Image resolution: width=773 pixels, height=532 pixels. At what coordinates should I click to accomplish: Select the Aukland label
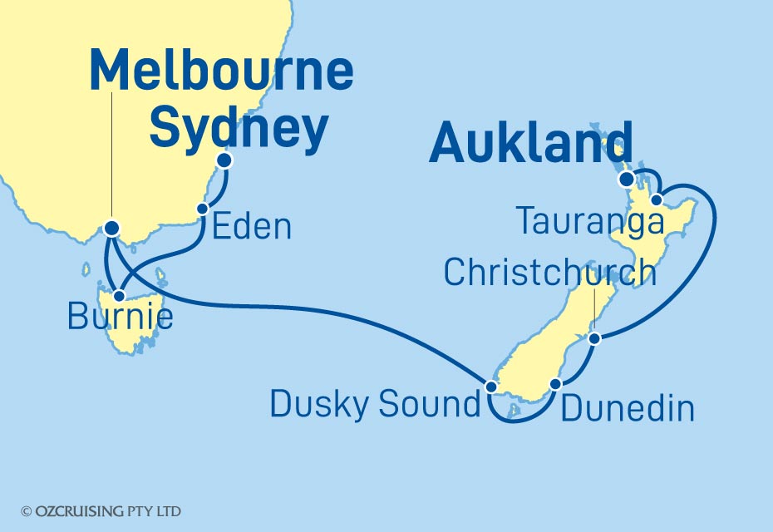tap(530, 144)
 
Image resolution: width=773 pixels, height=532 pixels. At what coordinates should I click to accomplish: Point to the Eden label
tap(252, 226)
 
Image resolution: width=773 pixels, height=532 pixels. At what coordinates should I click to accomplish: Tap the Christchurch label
tap(550, 272)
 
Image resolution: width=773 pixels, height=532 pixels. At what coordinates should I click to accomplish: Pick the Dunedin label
tap(628, 408)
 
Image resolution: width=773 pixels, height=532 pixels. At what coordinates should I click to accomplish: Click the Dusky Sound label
tap(376, 405)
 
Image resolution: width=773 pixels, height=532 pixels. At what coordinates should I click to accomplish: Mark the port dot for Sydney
tap(224, 160)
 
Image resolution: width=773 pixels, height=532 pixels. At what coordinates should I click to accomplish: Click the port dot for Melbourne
tap(111, 227)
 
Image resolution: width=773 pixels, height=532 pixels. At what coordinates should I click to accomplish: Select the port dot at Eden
tap(201, 209)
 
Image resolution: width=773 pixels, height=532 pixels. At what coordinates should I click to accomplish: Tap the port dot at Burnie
tap(120, 295)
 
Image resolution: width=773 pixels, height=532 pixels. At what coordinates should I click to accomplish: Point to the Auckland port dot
tap(626, 178)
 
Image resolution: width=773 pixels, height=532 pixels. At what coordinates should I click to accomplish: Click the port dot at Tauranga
tap(657, 199)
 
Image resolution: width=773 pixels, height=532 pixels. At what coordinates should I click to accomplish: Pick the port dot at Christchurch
tap(594, 338)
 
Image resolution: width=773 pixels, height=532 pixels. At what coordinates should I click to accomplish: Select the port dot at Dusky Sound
tap(491, 387)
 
